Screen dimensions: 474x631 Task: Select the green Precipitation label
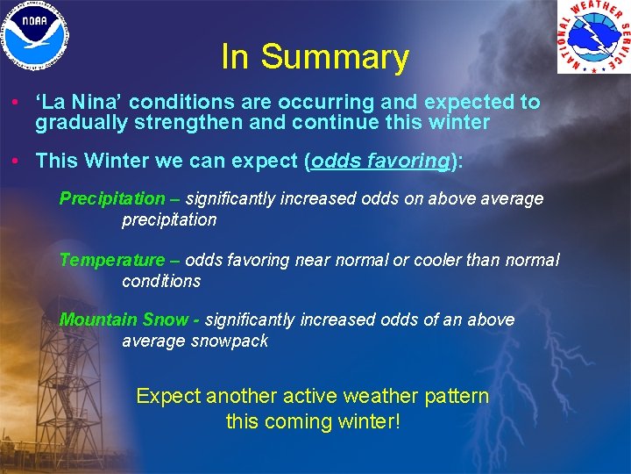pos(111,199)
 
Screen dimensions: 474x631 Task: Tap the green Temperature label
pos(111,260)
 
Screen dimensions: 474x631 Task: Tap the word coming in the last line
pos(302,421)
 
